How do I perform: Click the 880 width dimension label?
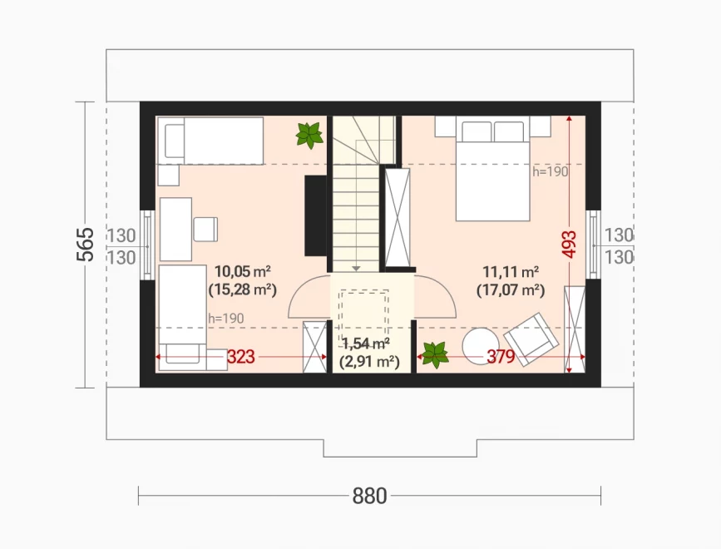point(369,496)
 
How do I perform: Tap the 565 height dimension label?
point(85,245)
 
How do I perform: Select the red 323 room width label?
point(240,357)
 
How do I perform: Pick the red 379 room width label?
point(501,356)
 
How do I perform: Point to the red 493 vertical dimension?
point(569,244)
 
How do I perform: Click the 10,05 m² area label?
point(242,271)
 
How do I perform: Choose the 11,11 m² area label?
point(511,272)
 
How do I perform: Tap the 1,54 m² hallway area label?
point(367,344)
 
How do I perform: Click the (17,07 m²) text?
point(511,290)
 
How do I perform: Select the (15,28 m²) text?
point(242,289)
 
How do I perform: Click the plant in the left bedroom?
point(309,135)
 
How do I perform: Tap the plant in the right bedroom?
point(435,355)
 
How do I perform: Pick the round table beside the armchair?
point(481,346)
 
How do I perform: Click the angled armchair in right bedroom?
point(531,339)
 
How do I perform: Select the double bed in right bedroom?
point(493,168)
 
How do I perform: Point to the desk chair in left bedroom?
point(205,230)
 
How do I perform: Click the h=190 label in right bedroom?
point(551,172)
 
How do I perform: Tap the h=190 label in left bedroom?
point(225,319)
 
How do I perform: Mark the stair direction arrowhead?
point(357,269)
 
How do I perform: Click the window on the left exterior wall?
point(146,245)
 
